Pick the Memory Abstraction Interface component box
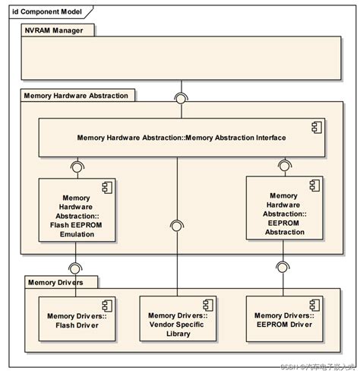[x=182, y=138]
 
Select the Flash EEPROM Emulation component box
[x=76, y=210]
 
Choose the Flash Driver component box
[x=76, y=320]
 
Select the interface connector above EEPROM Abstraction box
[x=283, y=164]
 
